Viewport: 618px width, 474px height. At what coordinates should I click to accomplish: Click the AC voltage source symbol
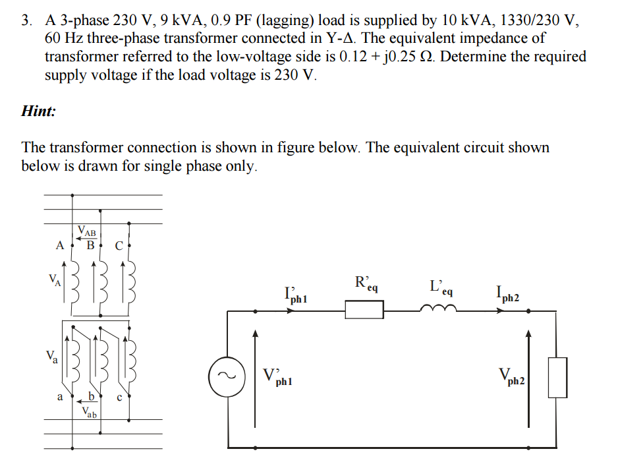(227, 376)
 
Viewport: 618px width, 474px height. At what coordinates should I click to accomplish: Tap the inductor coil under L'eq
(437, 308)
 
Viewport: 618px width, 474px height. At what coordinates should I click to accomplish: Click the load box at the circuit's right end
(557, 376)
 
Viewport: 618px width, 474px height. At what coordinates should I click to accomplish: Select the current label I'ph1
(295, 294)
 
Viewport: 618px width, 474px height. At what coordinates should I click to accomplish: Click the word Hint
(38, 111)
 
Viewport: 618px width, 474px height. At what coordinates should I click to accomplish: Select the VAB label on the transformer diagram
(87, 231)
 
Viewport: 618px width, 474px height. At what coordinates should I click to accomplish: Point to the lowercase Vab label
(90, 413)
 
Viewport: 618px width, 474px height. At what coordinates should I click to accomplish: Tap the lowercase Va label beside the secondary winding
(53, 357)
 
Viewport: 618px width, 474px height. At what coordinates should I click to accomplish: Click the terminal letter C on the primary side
(119, 247)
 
